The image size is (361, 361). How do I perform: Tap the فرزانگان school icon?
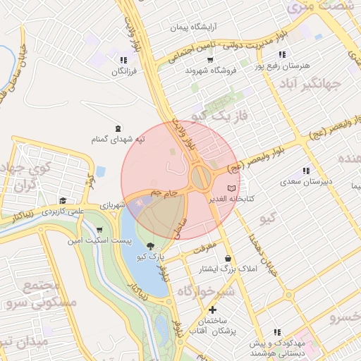pos(124,61)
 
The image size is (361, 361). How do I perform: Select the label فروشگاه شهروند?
pos(208,71)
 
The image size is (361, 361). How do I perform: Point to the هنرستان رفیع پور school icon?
pos(282,54)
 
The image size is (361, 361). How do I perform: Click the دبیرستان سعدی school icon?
pos(305,171)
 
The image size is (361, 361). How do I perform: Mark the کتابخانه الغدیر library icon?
pos(233,188)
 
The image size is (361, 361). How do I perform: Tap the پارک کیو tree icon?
pos(149,247)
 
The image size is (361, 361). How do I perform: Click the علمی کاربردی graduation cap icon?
pos(63,201)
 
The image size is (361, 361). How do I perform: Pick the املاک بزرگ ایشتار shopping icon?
pos(228,258)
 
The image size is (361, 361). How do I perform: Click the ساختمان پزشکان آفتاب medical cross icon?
pos(212,310)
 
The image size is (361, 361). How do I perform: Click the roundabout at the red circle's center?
pos(200,177)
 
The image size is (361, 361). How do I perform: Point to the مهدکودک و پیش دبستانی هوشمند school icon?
pos(276,331)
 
